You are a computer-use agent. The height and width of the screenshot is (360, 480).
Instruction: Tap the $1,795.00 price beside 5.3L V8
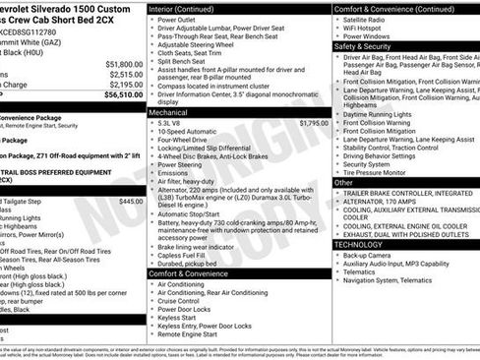coord(314,123)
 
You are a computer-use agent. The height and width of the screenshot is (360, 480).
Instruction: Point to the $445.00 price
coord(130,201)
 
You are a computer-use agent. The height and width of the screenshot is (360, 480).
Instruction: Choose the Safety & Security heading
coord(369,45)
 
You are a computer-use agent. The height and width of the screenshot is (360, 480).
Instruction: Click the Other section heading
coord(344,182)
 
